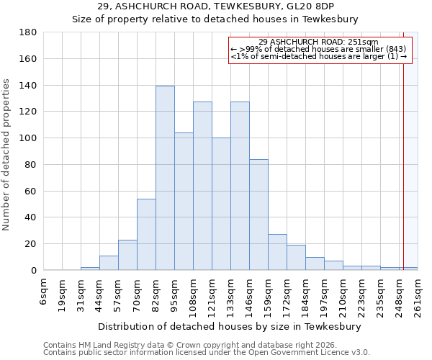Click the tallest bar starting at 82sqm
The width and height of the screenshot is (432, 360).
point(165,178)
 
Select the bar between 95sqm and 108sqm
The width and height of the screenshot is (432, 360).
point(184,202)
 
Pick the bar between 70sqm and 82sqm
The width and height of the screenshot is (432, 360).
point(146,234)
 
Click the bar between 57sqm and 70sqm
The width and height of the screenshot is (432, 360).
point(127,255)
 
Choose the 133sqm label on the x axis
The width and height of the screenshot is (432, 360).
point(231,294)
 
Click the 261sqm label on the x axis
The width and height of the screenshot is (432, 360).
point(418,294)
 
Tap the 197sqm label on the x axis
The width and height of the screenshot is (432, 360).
point(325,294)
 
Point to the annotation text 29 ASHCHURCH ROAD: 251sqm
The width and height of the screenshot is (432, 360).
point(318,42)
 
